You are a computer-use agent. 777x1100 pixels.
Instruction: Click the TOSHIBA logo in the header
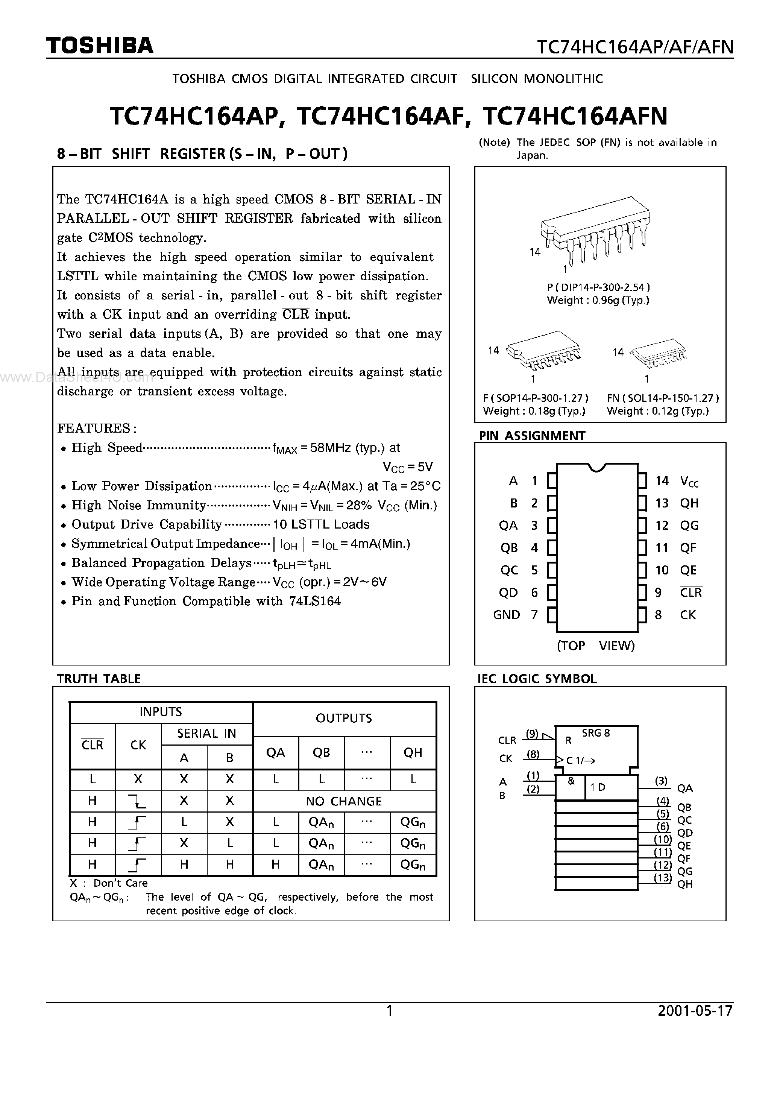[100, 46]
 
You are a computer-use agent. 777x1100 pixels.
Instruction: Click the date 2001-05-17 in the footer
[695, 1011]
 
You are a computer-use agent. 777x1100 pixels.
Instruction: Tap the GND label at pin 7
[506, 615]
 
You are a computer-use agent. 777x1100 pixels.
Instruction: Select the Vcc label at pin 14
[689, 481]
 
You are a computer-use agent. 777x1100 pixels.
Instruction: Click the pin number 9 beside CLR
[658, 593]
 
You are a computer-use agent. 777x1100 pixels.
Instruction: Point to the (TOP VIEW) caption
[595, 646]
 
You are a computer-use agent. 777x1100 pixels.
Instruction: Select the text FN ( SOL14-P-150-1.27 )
[663, 398]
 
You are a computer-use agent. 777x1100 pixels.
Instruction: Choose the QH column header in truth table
[413, 753]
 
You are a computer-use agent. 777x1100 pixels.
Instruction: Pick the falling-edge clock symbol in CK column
[138, 801]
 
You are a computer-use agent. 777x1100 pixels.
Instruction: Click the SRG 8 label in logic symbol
[596, 733]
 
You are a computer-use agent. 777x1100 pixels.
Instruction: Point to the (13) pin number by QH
[663, 877]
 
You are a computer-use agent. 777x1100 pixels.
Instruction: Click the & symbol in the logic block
[571, 781]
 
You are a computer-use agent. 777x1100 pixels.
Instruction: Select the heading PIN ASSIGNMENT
[532, 436]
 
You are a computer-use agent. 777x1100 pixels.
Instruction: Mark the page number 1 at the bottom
[390, 1011]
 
